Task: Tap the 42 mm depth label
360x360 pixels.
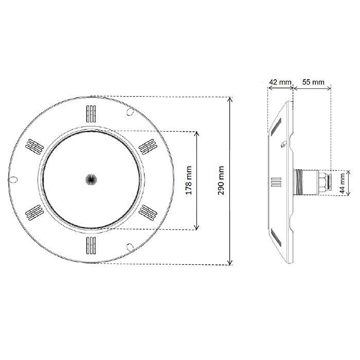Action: (x=280, y=82)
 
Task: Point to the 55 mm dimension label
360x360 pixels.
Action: (x=313, y=82)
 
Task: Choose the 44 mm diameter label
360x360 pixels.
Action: (x=343, y=182)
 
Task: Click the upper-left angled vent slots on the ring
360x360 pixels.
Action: (x=34, y=146)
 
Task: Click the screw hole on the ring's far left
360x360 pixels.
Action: (x=14, y=180)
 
